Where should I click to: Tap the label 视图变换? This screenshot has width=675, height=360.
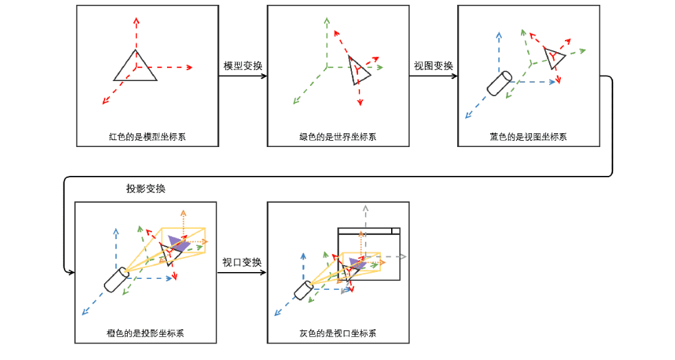click(x=433, y=66)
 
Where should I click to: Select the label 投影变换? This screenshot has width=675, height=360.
click(x=146, y=188)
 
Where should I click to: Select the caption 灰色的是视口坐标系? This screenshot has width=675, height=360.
click(x=337, y=333)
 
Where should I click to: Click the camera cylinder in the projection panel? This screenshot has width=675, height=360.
click(x=117, y=279)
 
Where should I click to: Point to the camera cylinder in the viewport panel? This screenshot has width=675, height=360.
click(x=304, y=289)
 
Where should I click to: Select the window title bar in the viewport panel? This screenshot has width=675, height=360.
click(x=368, y=231)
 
